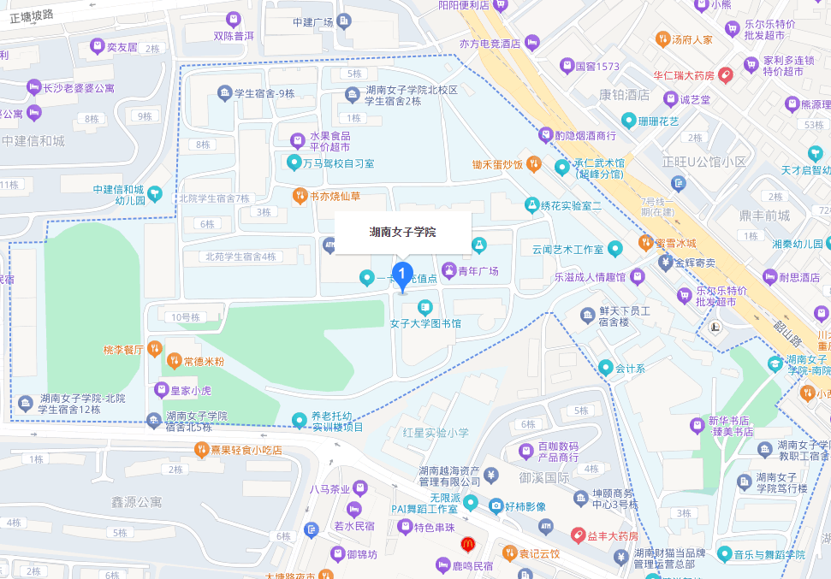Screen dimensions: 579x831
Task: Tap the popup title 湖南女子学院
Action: click(402, 232)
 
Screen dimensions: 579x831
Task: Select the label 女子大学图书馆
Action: click(425, 323)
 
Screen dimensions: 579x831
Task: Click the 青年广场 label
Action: click(478, 271)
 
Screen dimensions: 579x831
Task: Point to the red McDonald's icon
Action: click(467, 542)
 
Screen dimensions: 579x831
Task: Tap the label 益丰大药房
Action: click(612, 535)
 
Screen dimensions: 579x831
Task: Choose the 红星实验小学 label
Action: click(442, 433)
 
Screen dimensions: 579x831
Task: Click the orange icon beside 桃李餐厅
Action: click(154, 348)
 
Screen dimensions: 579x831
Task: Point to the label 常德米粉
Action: click(204, 361)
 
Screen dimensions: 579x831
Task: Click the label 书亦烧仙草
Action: click(335, 196)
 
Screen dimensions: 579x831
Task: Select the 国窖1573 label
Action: click(597, 65)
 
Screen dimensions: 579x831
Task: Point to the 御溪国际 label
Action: click(544, 477)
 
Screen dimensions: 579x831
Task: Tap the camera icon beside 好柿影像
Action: click(495, 506)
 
